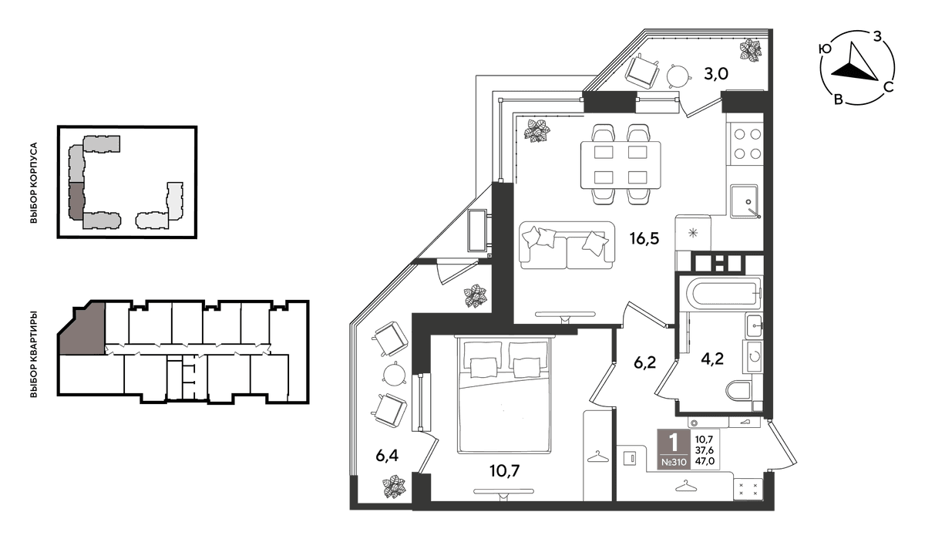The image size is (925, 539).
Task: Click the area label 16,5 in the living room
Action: (x=644, y=238)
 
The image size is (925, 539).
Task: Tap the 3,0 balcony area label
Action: (x=715, y=74)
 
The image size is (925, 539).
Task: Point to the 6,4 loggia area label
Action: (x=387, y=455)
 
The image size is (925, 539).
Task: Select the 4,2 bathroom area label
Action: (x=712, y=359)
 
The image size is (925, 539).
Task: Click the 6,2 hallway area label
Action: (x=644, y=362)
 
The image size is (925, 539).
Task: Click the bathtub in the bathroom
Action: (x=724, y=293)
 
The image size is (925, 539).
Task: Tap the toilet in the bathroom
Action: (x=738, y=391)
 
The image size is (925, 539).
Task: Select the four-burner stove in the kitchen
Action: (x=747, y=144)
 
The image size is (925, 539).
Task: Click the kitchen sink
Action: (x=744, y=201)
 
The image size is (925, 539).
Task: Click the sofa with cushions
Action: (x=567, y=245)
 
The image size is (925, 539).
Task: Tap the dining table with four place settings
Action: (x=621, y=165)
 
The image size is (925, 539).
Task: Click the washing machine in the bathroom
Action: (x=753, y=356)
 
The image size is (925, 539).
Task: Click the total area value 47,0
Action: (x=705, y=461)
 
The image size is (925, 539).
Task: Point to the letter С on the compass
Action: (x=888, y=87)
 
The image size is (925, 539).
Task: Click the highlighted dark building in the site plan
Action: (x=76, y=201)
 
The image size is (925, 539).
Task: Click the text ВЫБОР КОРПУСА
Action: (x=34, y=183)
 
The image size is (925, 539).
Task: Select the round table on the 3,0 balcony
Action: (x=678, y=76)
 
